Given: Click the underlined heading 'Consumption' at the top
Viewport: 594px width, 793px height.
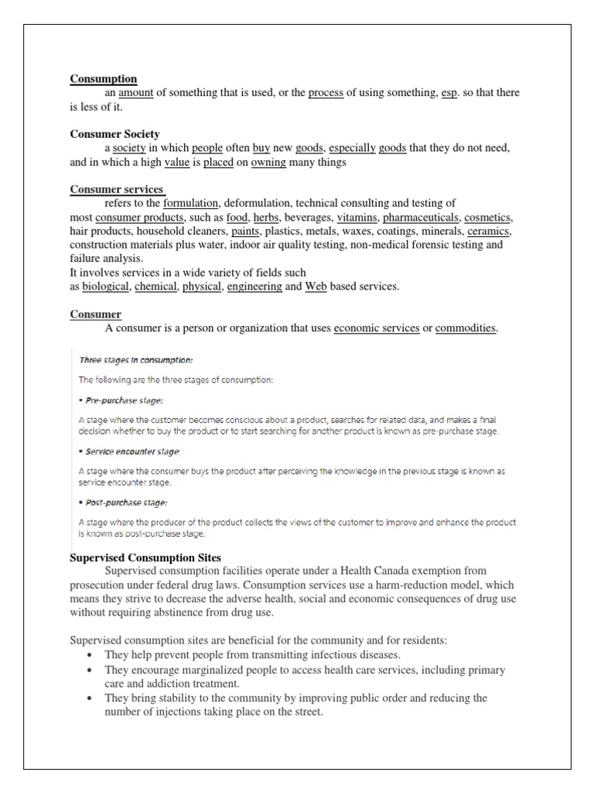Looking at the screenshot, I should point(104,79).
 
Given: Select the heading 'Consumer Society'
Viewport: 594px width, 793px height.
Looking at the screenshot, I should point(115,134).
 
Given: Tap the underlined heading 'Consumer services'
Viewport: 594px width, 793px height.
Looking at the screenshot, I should point(118,190).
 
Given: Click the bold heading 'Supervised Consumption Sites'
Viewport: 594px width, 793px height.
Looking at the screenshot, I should point(145,558).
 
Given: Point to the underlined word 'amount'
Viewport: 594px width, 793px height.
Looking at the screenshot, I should point(136,93).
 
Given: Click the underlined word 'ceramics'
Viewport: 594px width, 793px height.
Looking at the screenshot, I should point(490,232).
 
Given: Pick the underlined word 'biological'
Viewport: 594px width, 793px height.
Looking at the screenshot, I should point(106,287).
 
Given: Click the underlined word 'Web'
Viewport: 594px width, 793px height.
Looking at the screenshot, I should point(316,287).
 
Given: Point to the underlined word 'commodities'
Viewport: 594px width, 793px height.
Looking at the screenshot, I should point(466,328).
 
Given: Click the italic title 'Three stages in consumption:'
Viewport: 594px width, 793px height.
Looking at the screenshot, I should point(136,360).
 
